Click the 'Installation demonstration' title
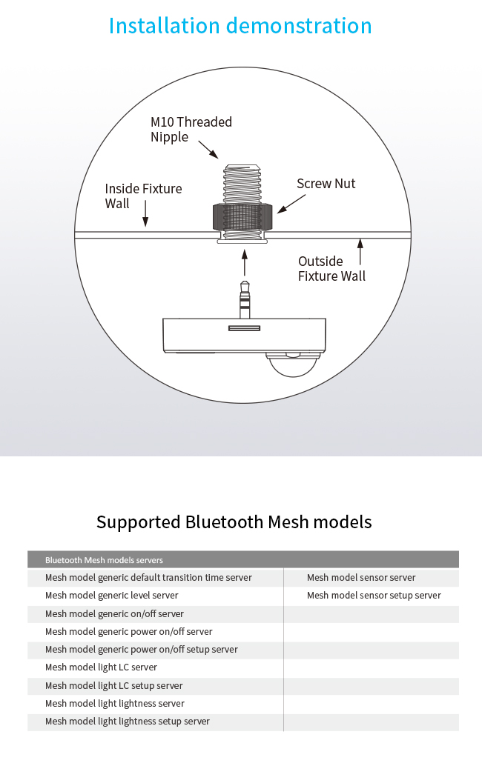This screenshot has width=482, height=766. tap(240, 26)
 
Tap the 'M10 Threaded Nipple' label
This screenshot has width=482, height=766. tap(191, 130)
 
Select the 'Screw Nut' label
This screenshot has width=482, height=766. tap(326, 184)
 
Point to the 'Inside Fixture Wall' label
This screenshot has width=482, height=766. tap(143, 196)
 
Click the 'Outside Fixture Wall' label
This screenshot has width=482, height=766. tap(332, 269)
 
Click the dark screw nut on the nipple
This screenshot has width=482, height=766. tap(242, 217)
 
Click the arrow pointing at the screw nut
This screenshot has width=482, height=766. tap(291, 204)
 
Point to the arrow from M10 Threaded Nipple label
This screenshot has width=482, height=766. tap(208, 150)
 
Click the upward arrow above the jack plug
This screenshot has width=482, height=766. tap(245, 263)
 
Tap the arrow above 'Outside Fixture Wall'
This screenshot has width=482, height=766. tap(360, 252)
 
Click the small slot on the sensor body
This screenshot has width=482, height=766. tap(245, 328)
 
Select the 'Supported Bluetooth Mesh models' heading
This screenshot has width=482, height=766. tap(234, 522)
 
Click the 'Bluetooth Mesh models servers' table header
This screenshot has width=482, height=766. tap(104, 560)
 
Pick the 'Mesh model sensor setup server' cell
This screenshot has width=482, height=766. tap(374, 596)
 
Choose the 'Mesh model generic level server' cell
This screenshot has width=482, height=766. tap(112, 596)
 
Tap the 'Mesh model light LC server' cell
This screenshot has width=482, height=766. tap(101, 667)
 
